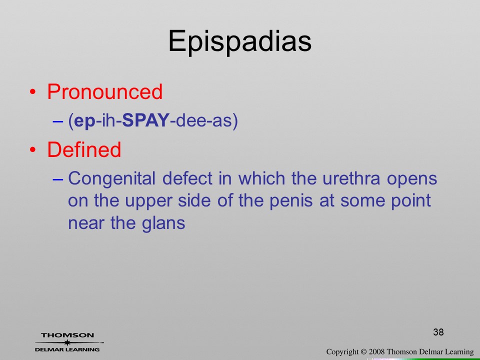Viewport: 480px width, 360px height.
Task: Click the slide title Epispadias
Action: (239, 42)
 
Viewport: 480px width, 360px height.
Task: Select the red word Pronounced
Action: (104, 91)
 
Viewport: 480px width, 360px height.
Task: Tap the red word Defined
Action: (84, 149)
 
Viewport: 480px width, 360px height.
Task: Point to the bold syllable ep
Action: (85, 121)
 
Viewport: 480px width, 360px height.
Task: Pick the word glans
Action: (163, 223)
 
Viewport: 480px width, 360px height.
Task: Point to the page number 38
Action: (438, 332)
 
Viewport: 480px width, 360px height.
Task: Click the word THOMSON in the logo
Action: (67, 335)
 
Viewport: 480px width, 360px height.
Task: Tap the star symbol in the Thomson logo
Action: (67, 342)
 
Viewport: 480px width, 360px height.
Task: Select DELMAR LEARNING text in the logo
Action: (67, 349)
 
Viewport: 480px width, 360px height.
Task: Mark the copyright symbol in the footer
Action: (363, 352)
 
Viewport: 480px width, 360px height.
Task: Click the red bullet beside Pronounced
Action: (33, 92)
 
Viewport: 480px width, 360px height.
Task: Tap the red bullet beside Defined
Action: (33, 149)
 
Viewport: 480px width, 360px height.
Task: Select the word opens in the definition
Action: (411, 179)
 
